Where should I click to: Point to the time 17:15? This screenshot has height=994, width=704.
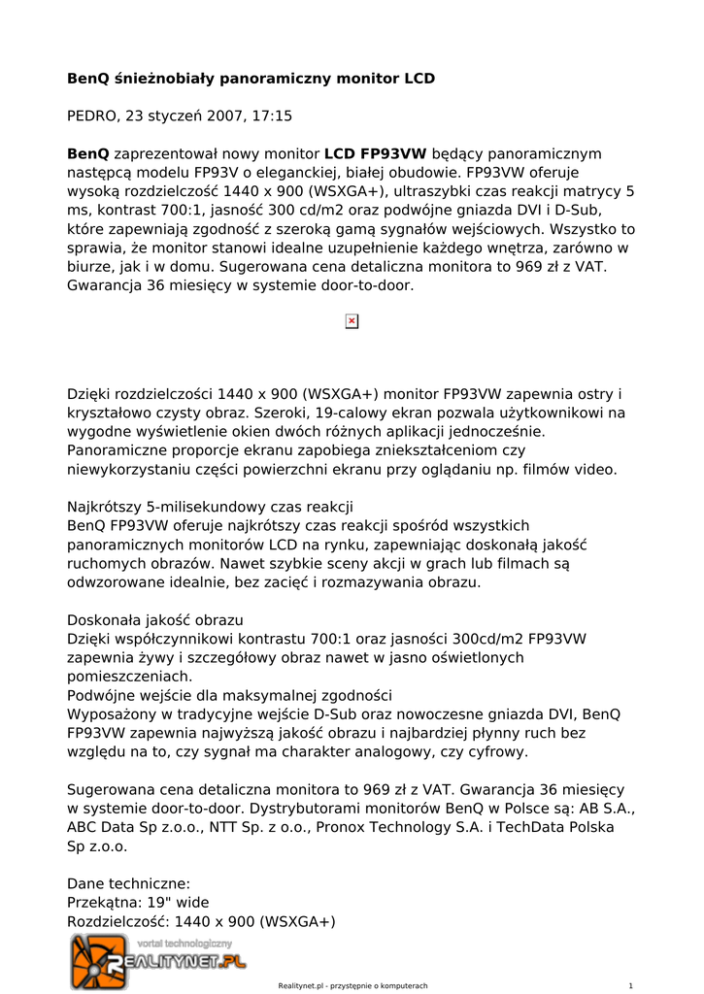pos(272,116)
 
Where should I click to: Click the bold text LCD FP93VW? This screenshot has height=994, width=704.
pos(375,153)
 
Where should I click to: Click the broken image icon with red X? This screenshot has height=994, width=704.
pos(352,321)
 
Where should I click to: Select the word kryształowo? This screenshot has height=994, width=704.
pos(111,413)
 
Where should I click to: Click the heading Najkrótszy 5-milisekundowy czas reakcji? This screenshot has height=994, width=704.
pos(210,507)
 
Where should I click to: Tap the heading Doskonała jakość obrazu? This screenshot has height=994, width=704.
pos(155,620)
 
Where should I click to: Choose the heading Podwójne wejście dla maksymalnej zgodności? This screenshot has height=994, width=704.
pos(229,695)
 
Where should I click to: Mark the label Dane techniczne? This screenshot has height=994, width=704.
pos(128,883)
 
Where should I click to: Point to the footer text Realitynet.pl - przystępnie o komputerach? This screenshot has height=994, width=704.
pos(352,985)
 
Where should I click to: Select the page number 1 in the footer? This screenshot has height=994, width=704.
pos(631,985)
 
